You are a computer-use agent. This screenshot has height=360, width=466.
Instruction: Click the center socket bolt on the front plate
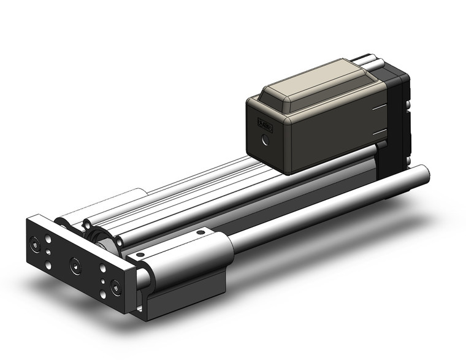point(75,266)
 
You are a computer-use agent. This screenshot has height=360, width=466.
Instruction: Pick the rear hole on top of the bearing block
point(199,232)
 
